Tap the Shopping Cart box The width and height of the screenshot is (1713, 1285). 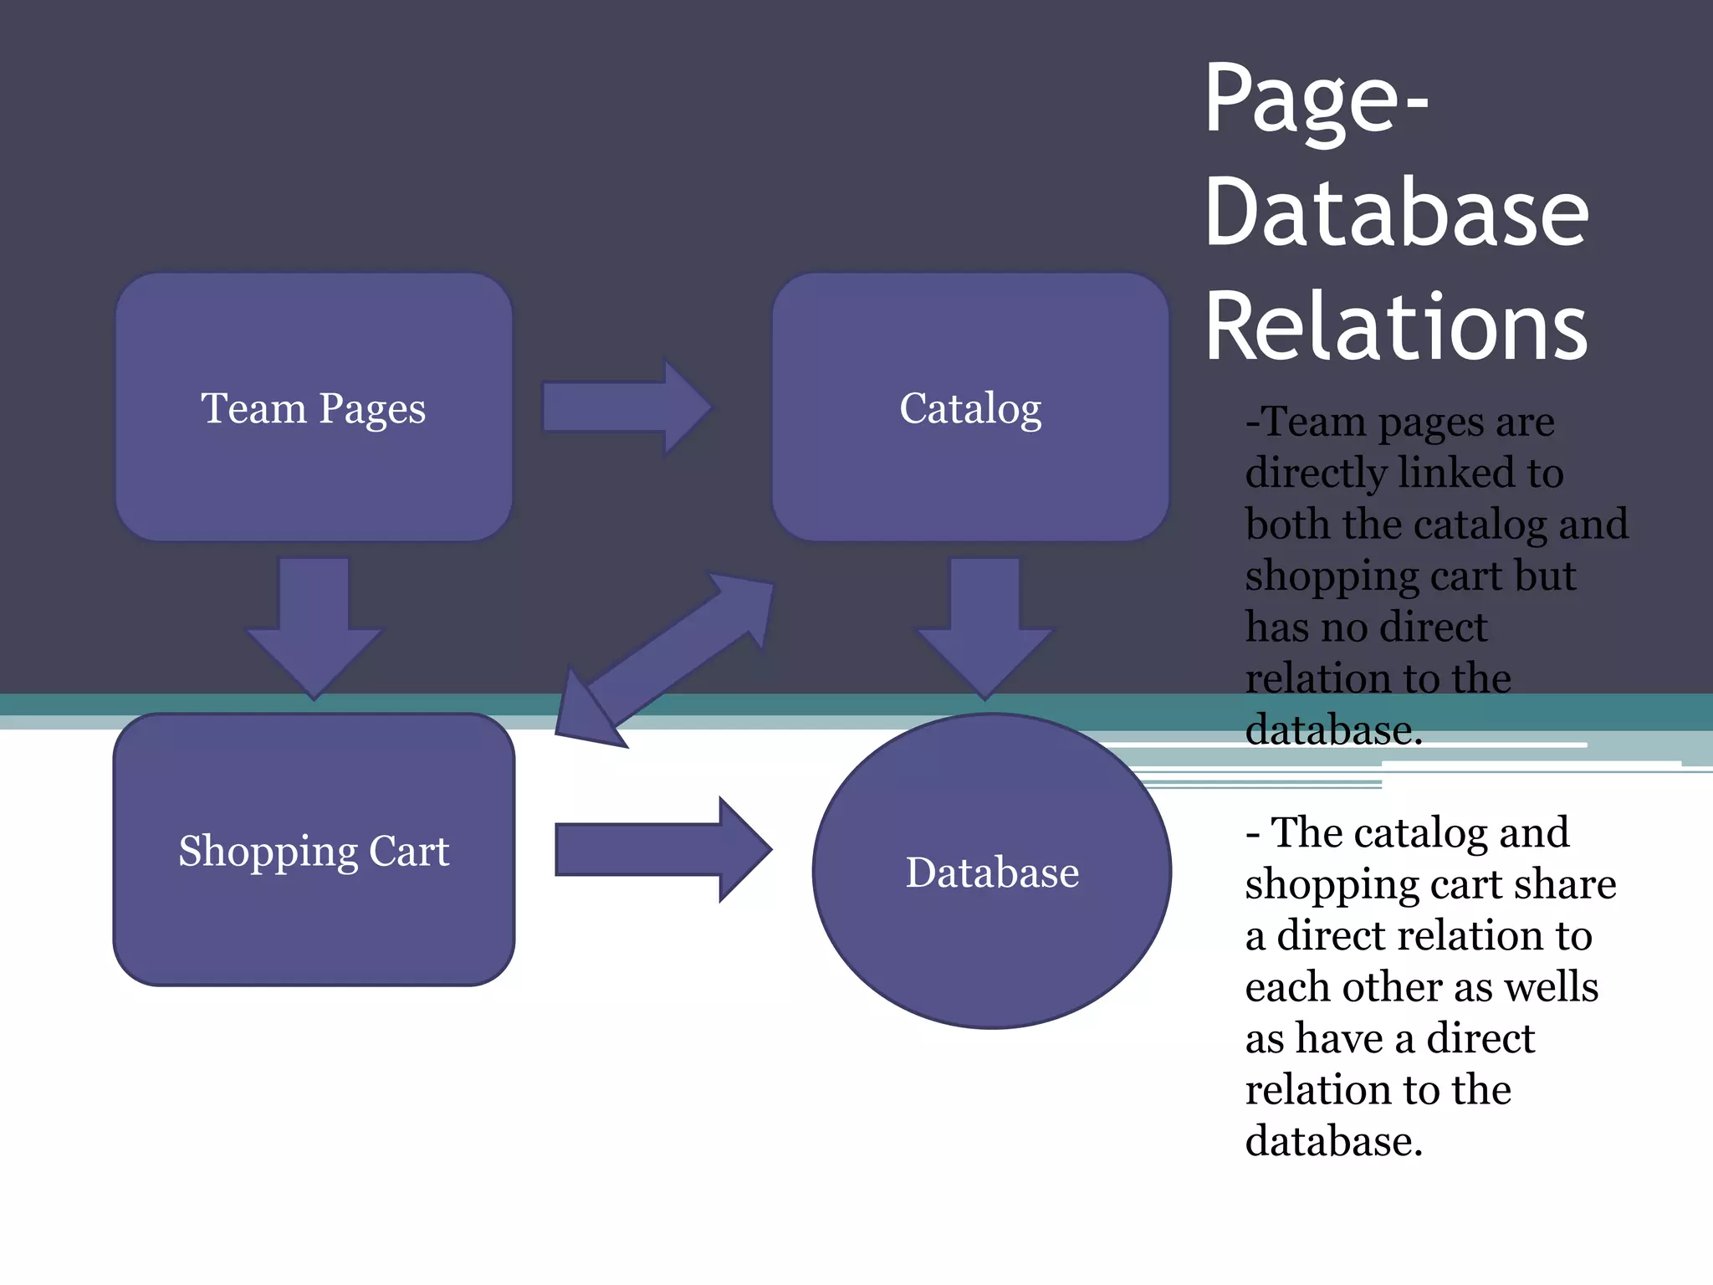[x=314, y=920]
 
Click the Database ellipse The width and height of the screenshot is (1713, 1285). [x=992, y=937]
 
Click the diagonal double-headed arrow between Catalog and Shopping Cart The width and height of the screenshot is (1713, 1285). [x=666, y=658]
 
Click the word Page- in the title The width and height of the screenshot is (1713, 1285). [x=1317, y=100]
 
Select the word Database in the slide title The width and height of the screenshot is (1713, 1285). [x=1395, y=213]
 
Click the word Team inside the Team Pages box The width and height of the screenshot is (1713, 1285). [x=253, y=409]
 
